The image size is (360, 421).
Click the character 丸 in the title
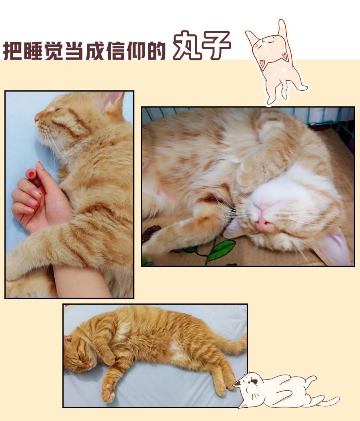(x=187, y=45)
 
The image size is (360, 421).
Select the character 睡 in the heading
(x=33, y=50)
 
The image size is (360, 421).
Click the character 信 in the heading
(x=116, y=50)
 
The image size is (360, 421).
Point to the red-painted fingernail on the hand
(x=32, y=174)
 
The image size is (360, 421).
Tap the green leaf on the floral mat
(x=221, y=249)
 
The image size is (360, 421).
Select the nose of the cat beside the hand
(x=37, y=118)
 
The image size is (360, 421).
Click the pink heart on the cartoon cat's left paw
(x=262, y=63)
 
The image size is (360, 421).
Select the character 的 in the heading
(x=156, y=50)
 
